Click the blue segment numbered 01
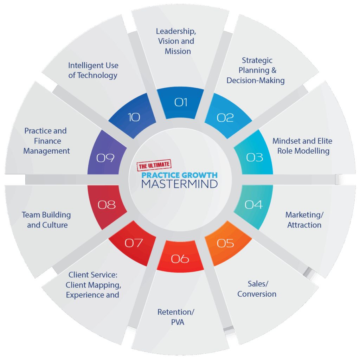[180, 103]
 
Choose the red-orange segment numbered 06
[180, 257]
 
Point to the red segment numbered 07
[133, 243]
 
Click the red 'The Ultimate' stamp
[154, 165]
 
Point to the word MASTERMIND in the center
[180, 184]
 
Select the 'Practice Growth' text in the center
[180, 175]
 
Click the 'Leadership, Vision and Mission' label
[176, 41]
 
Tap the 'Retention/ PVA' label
[176, 317]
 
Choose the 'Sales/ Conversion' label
[257, 289]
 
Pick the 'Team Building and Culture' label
[46, 220]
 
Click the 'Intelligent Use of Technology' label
[93, 70]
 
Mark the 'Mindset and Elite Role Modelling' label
[302, 146]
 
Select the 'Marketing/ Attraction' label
[304, 220]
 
